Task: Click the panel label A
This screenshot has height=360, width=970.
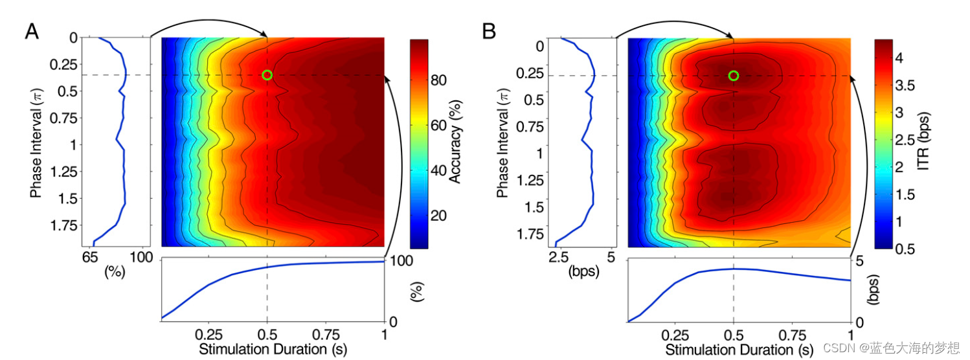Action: click(x=32, y=31)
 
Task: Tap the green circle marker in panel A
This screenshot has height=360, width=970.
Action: click(x=267, y=75)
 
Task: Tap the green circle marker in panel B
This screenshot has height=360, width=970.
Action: click(x=733, y=76)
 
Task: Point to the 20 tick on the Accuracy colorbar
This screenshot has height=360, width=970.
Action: click(x=439, y=216)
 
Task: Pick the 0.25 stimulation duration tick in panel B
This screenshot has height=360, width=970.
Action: click(x=675, y=335)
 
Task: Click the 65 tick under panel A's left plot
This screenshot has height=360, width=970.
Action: click(x=91, y=258)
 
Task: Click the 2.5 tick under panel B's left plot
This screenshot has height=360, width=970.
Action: click(x=557, y=258)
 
